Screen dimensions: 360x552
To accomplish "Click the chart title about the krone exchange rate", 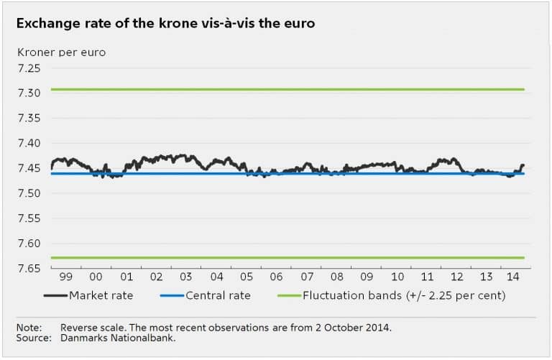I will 165,24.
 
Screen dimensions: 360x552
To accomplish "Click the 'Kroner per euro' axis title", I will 57,52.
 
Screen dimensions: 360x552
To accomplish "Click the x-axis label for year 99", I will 66,277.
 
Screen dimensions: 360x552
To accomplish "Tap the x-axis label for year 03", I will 186,277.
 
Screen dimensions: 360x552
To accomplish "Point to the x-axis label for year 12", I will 457,277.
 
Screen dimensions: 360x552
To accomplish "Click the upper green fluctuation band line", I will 287,89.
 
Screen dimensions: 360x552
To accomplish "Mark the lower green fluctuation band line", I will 287,257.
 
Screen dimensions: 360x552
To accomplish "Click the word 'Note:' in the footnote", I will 29,328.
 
